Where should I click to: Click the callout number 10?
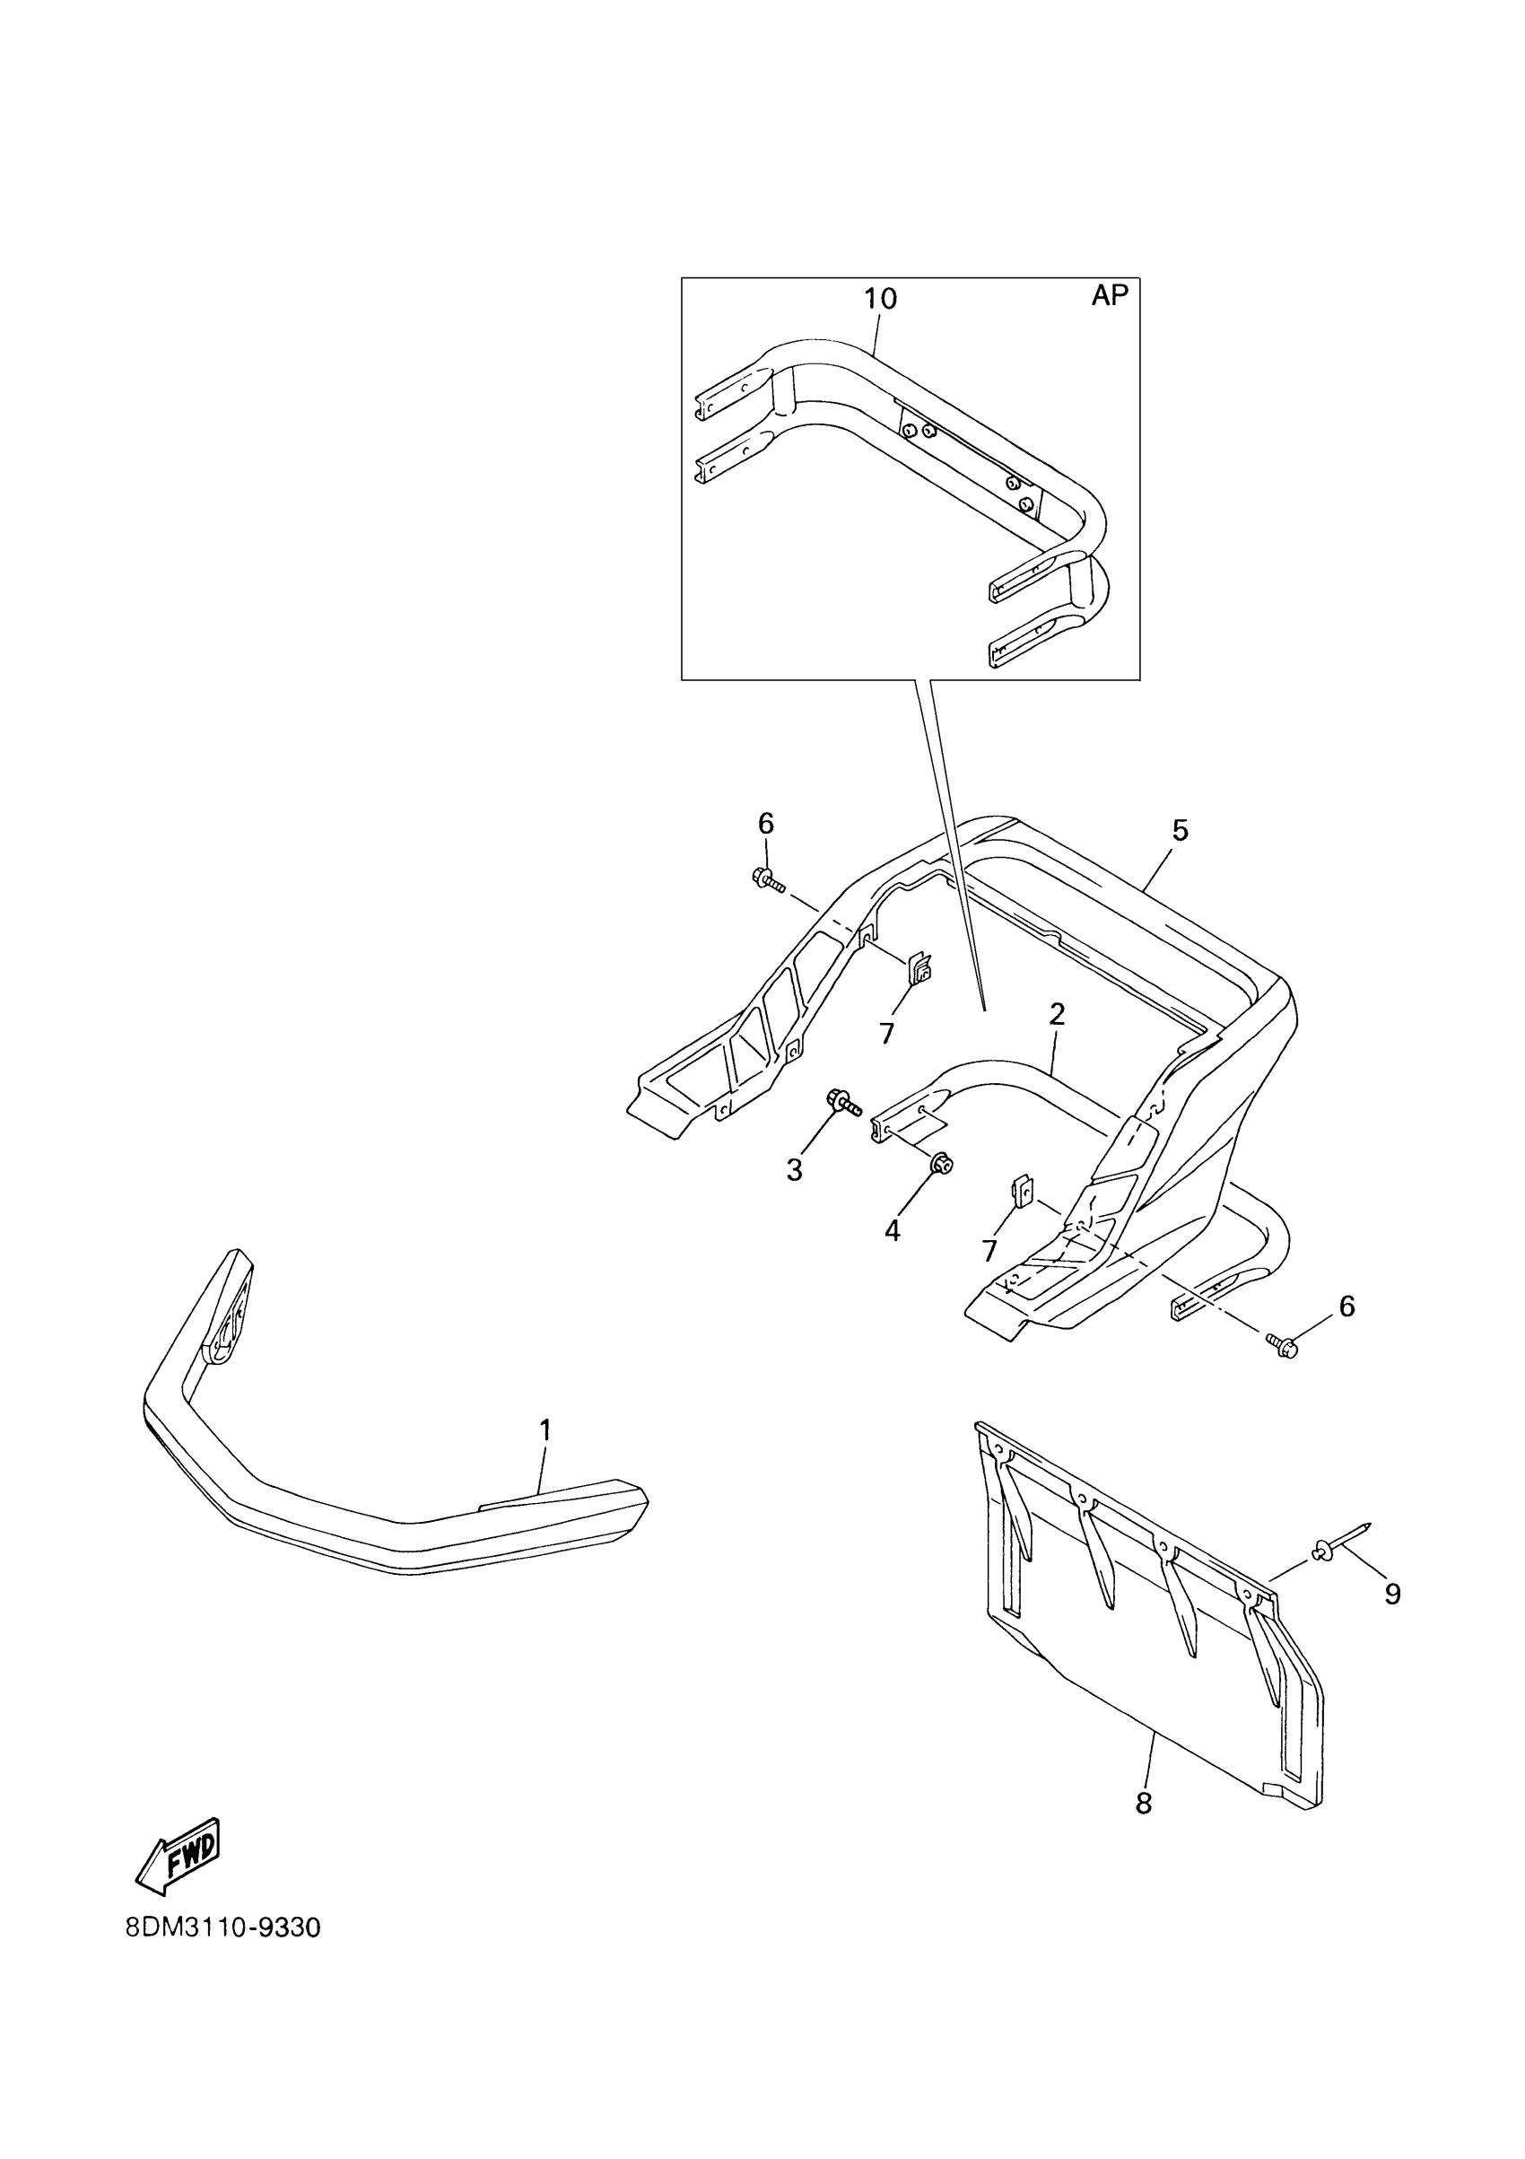coord(880,299)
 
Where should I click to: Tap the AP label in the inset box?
coord(1109,295)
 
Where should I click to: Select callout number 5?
coord(1180,830)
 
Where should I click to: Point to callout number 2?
coord(1057,1014)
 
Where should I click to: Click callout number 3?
coord(795,1171)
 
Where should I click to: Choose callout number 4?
coord(892,1230)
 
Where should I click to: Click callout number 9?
coord(1392,1594)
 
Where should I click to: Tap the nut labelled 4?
coord(940,1165)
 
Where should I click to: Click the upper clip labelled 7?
coord(919,967)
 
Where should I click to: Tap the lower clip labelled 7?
coord(1022,1191)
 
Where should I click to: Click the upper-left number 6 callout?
coord(765,824)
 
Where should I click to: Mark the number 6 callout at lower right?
coord(1346,1307)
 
